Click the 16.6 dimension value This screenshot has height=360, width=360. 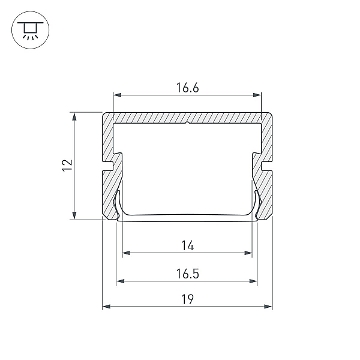pos(187,88)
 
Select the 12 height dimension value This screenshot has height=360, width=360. pos(67,165)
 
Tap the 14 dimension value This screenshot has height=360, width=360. pos(188,245)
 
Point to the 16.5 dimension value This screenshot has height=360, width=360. pos(187,274)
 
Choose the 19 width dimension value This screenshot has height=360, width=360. pos(187,299)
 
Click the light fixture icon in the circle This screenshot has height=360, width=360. pos(31,30)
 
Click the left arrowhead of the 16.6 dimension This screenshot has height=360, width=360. pos(118,95)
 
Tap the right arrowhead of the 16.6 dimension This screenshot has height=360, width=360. pos(257,95)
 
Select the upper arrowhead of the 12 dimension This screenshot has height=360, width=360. pos(74,116)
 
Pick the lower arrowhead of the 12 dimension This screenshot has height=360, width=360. pos(74,215)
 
